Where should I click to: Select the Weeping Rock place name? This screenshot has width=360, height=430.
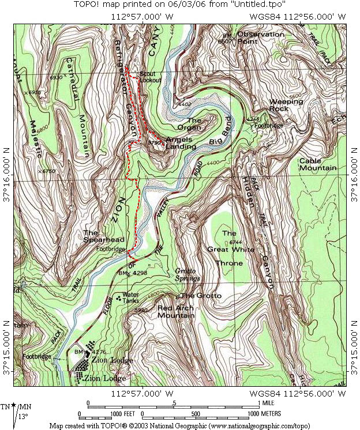(286, 105)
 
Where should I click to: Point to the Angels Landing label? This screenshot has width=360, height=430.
(181, 143)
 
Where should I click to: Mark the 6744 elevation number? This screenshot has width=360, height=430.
(234, 242)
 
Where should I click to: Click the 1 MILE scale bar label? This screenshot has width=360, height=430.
(267, 402)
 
